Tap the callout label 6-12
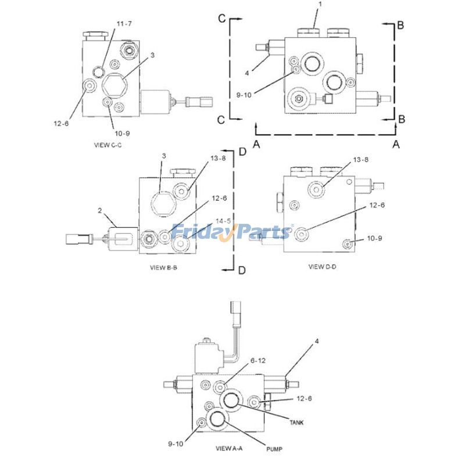[x=258, y=361]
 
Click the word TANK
[x=295, y=422]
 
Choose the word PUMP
[x=274, y=449]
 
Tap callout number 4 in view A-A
[x=316, y=342]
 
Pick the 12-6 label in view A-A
[x=303, y=398]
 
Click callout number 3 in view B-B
[x=163, y=156]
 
